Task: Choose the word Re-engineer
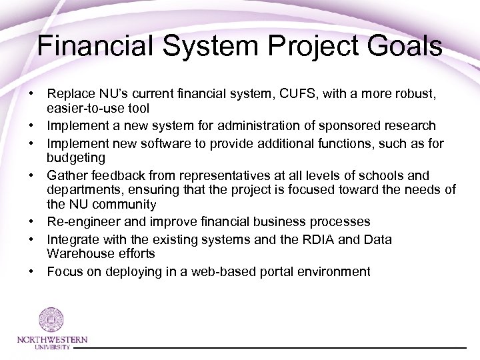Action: coord(77,221)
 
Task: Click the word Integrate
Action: coord(70,239)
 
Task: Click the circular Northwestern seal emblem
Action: coord(51,319)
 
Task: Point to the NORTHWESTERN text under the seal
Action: coord(51,340)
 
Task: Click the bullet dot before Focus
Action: coord(31,271)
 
